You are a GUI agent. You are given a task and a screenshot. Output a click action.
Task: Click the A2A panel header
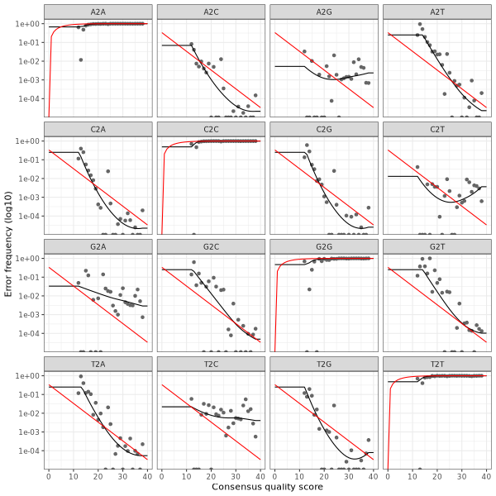98,11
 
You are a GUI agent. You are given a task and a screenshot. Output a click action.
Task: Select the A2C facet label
211,11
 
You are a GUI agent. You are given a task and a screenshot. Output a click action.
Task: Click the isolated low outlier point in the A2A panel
80,60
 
